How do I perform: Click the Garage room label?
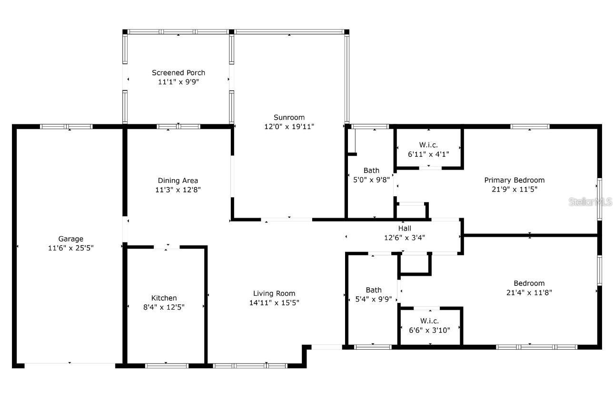pos(71,239)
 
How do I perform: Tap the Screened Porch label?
pos(178,72)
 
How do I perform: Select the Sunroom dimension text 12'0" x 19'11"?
pos(289,126)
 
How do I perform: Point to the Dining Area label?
pos(178,181)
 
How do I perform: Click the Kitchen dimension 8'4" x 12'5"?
pos(164,307)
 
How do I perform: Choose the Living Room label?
pos(274,293)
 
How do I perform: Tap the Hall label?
pos(405,228)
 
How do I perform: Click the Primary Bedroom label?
pos(514,180)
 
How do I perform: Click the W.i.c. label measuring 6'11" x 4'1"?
pos(428,145)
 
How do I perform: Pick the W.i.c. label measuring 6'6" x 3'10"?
pos(429,321)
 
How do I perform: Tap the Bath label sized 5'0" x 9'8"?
pos(371,171)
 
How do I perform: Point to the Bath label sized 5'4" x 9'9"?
pos(374,290)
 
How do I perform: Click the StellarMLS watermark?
pos(590,201)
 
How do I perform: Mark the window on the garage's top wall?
pos(66,127)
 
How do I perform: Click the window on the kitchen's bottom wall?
pos(167,366)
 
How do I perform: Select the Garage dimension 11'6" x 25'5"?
pos(71,248)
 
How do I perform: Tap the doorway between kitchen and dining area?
pos(167,247)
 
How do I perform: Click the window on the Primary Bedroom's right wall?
pos(599,199)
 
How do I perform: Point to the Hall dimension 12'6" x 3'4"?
pos(405,237)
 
